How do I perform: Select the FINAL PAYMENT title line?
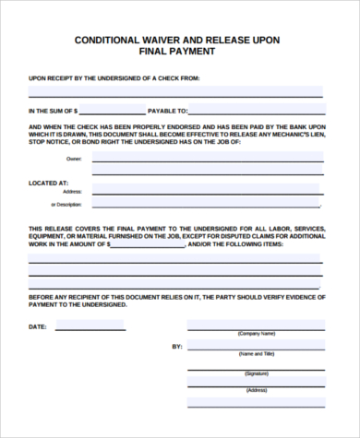point(180,53)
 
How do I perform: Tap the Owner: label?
point(74,160)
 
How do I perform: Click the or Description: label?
point(66,204)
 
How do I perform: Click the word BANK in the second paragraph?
point(291,126)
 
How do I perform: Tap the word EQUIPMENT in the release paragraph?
point(48,237)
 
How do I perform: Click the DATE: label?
point(37,326)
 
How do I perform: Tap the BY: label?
point(177,347)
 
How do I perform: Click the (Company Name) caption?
point(256,333)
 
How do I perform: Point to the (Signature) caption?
point(256,373)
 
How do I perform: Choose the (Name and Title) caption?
point(256,353)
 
